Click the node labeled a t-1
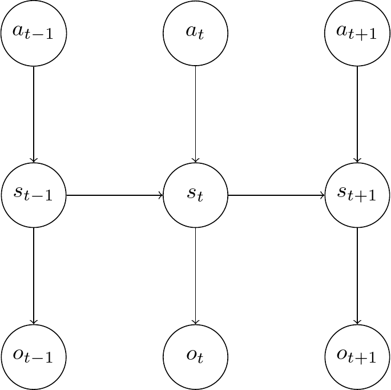point(34,33)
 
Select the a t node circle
point(196,33)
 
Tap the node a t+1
point(357,33)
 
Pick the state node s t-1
point(34,195)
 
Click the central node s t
point(196,195)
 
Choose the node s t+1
point(357,195)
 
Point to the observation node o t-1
point(34,357)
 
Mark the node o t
point(196,357)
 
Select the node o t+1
point(357,357)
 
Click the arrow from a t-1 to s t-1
point(34,114)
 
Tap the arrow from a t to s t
point(196,114)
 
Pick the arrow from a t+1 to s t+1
point(357,114)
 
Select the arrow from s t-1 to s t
point(114,195)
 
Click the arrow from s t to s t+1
point(276,195)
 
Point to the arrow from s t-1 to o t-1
point(34,276)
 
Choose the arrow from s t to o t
point(196,276)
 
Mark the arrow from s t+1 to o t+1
point(357,276)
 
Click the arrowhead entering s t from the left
point(161,195)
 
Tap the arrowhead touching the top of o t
point(196,323)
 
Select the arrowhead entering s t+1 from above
point(357,161)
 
